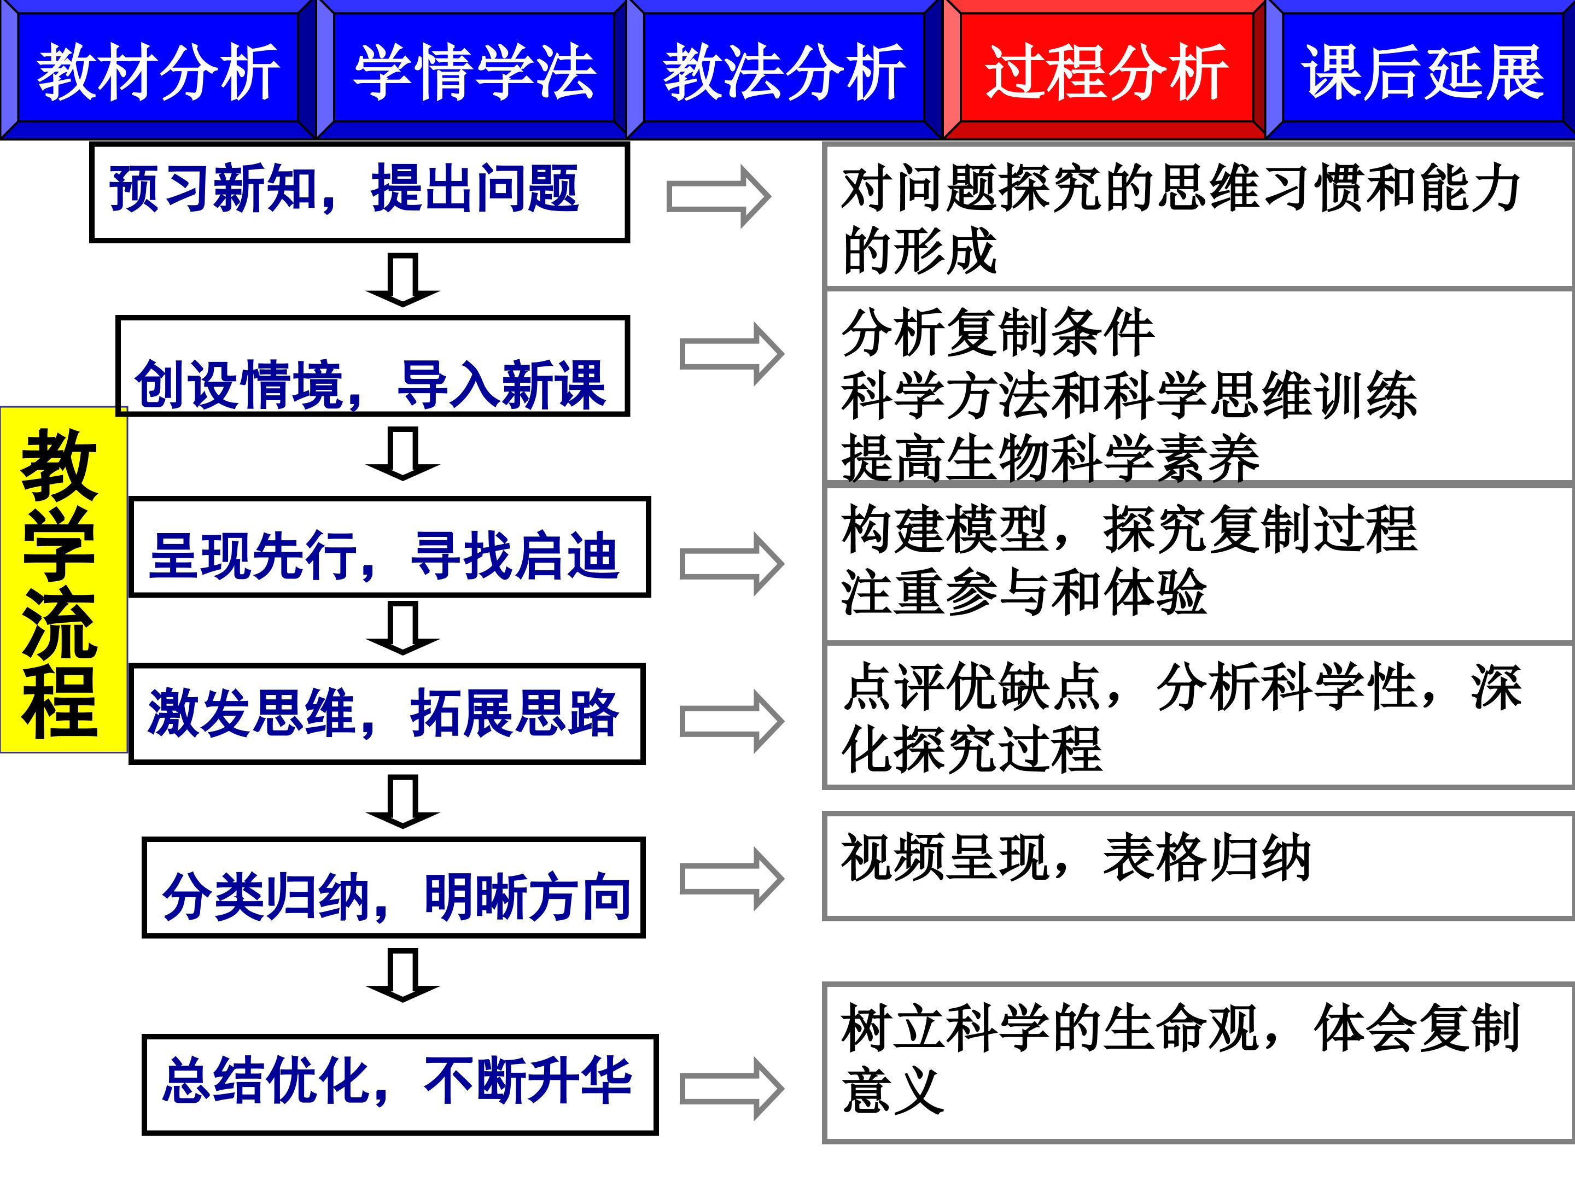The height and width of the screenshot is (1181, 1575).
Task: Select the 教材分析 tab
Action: tap(157, 70)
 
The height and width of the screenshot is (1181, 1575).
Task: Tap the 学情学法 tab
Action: tap(474, 70)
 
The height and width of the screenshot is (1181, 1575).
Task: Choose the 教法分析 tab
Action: tap(784, 70)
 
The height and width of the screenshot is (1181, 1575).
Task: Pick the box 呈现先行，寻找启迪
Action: tap(389, 547)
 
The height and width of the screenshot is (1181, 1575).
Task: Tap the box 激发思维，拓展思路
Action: tap(387, 714)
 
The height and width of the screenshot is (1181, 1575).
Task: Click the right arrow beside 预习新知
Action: tap(717, 196)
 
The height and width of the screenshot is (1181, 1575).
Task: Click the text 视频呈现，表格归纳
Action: tap(1075, 858)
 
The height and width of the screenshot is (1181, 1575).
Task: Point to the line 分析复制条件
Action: tap(997, 332)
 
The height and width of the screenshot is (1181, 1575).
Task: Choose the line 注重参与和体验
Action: tap(1023, 592)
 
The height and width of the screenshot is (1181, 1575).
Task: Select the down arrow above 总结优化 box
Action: tap(402, 975)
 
